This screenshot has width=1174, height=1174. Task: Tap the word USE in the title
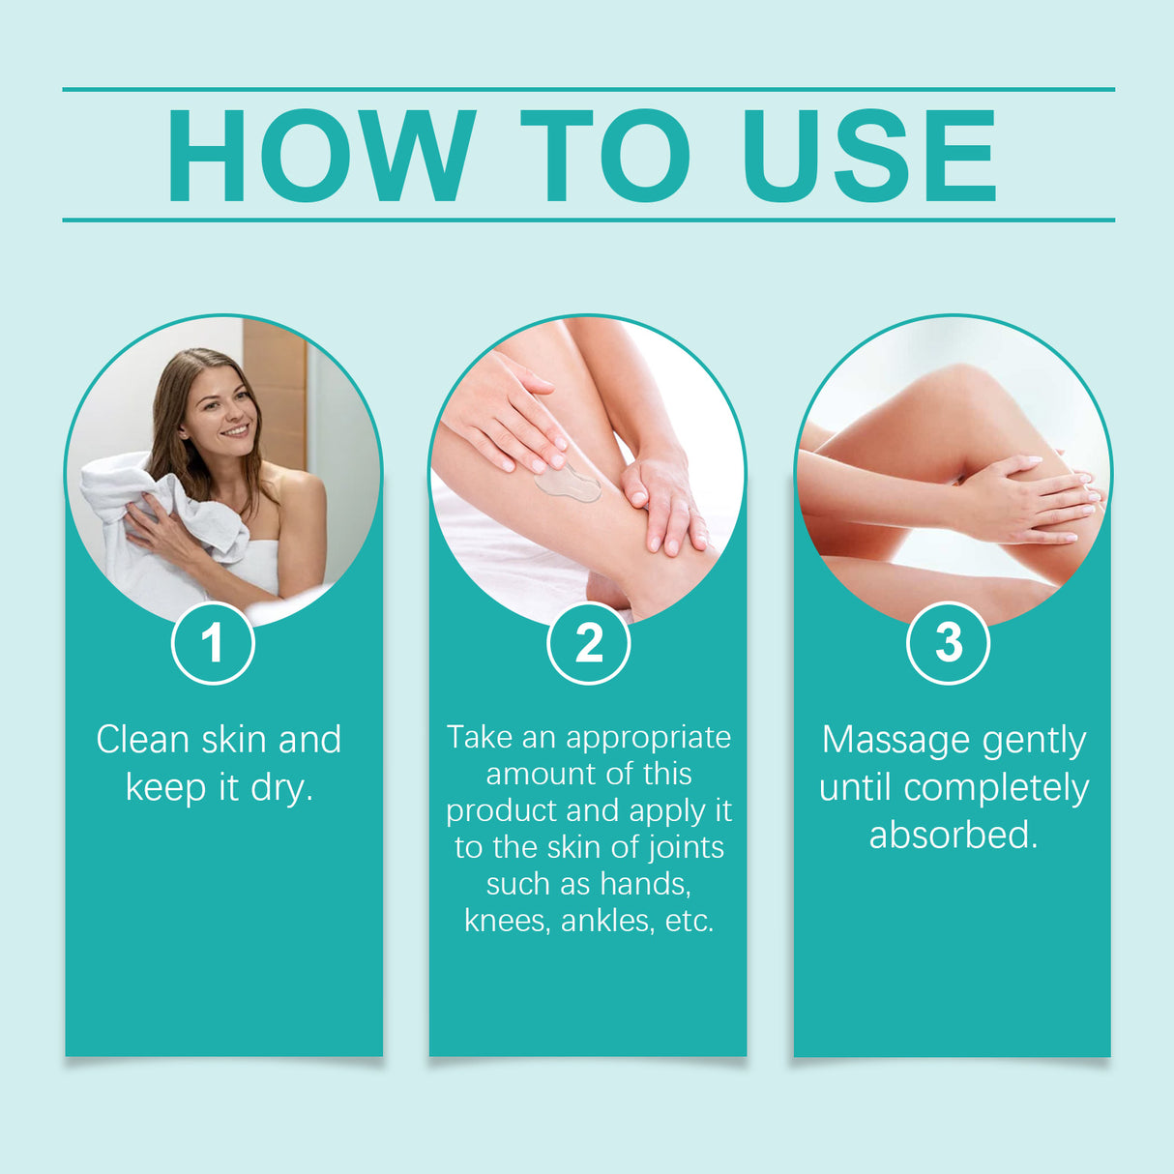pyautogui.click(x=868, y=156)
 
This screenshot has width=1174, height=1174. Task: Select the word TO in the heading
pyautogui.click(x=606, y=156)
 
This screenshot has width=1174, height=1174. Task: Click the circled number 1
pyautogui.click(x=213, y=643)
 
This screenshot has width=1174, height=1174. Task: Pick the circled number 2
pyautogui.click(x=588, y=643)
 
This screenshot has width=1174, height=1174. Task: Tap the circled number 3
pyautogui.click(x=948, y=643)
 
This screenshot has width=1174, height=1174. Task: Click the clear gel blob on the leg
pyautogui.click(x=568, y=482)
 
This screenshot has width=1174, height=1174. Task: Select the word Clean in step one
pyautogui.click(x=142, y=740)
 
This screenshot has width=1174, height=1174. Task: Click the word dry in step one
pyautogui.click(x=280, y=788)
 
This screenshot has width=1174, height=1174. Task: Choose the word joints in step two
pyautogui.click(x=685, y=847)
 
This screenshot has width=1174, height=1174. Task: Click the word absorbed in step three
pyautogui.click(x=953, y=835)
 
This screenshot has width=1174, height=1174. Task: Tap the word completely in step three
pyautogui.click(x=996, y=788)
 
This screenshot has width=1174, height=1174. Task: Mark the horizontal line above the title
pyautogui.click(x=588, y=89)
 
